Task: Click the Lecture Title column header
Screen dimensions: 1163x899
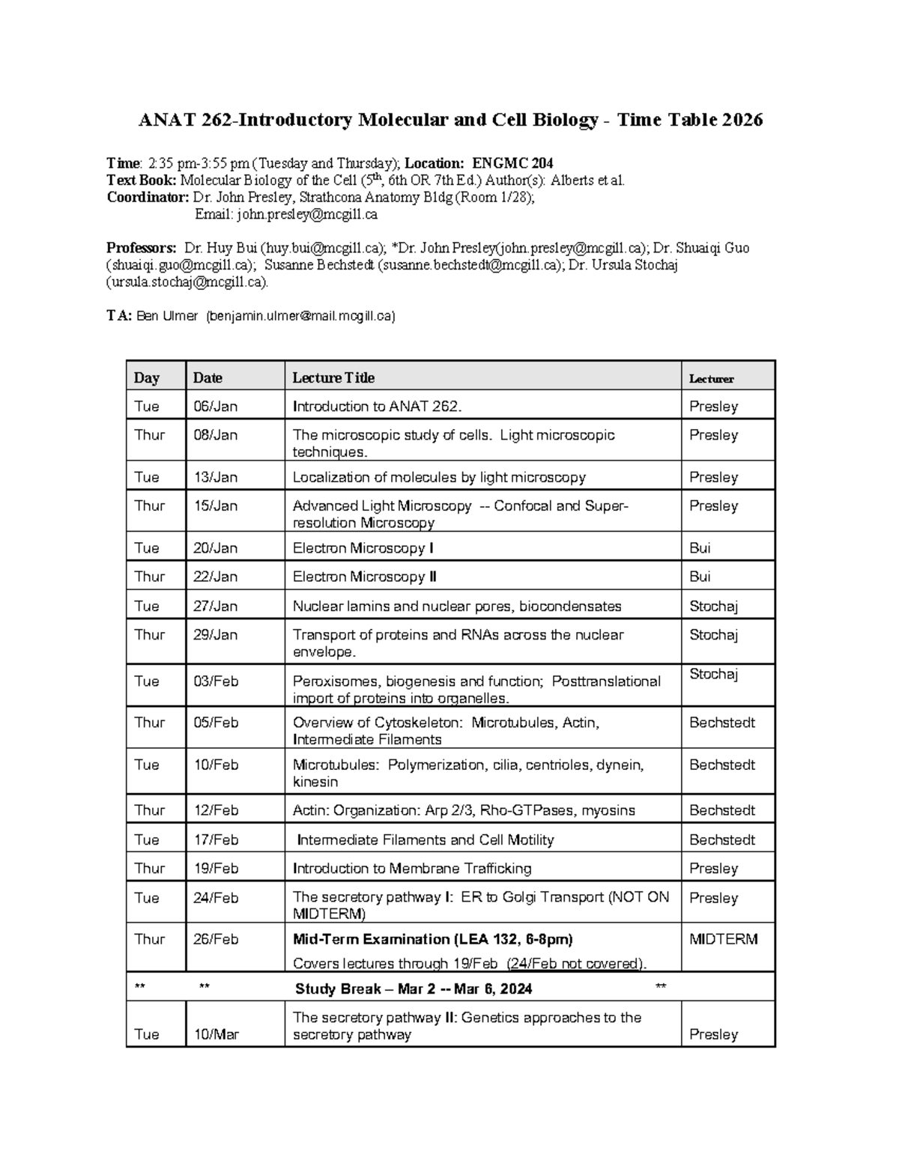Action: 333,378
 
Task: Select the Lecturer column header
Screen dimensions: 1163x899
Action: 711,379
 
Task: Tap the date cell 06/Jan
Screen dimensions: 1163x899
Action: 215,407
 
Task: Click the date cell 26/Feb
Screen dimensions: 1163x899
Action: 215,939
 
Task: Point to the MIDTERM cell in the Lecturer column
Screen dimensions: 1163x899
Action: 723,939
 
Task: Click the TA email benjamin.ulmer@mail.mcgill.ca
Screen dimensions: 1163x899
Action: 300,316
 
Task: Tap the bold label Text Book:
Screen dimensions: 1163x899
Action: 142,180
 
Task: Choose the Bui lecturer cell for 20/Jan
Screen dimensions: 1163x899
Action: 700,548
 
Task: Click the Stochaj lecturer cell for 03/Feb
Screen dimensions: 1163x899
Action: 713,674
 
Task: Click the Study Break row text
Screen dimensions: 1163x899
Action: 414,989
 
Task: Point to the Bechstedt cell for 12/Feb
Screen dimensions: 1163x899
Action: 721,810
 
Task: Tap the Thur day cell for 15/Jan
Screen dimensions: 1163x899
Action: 149,506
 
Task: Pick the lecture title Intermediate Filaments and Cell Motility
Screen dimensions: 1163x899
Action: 425,840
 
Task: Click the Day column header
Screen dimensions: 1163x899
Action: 146,378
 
